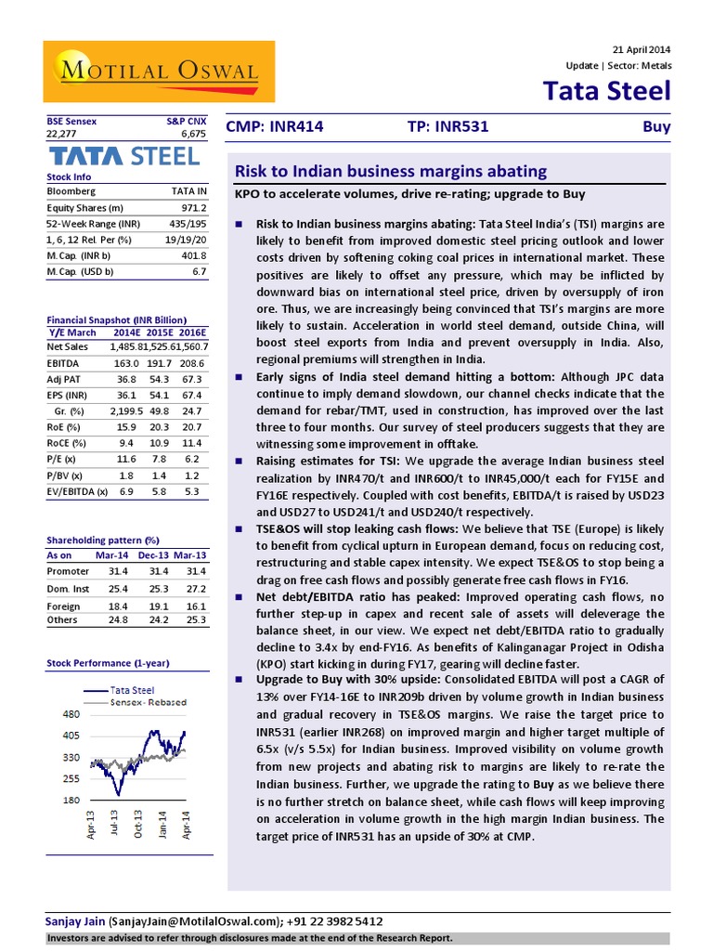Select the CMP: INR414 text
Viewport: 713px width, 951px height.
[x=275, y=127]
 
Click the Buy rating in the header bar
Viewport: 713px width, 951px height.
[x=656, y=127]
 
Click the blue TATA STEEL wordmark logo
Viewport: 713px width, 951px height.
[x=123, y=155]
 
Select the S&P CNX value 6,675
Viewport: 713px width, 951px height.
[x=192, y=134]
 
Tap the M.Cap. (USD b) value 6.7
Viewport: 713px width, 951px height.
[x=199, y=271]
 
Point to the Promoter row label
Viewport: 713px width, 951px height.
[x=68, y=571]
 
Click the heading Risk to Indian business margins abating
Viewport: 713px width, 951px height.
[x=390, y=172]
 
